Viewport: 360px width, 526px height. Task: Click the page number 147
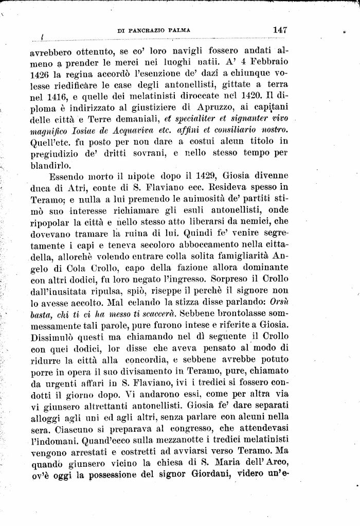[280, 30]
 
